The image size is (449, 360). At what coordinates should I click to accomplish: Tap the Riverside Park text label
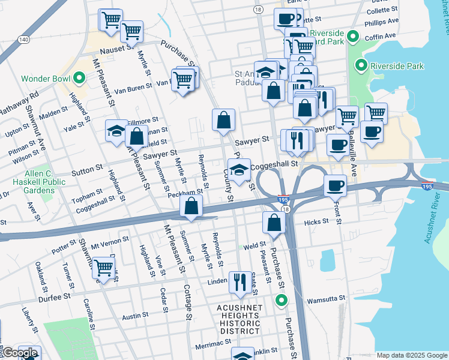(x=397, y=66)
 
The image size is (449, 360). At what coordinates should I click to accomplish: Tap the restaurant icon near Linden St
(x=240, y=282)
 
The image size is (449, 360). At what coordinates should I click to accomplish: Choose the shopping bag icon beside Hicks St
(x=274, y=223)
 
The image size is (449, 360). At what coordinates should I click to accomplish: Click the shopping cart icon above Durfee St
(x=103, y=269)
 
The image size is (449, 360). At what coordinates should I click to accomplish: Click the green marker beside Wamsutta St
(x=280, y=300)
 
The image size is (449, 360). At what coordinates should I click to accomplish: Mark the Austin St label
(x=135, y=315)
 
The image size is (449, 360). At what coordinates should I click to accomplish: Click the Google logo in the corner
(x=20, y=353)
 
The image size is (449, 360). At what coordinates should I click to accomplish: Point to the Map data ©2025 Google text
(x=411, y=355)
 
